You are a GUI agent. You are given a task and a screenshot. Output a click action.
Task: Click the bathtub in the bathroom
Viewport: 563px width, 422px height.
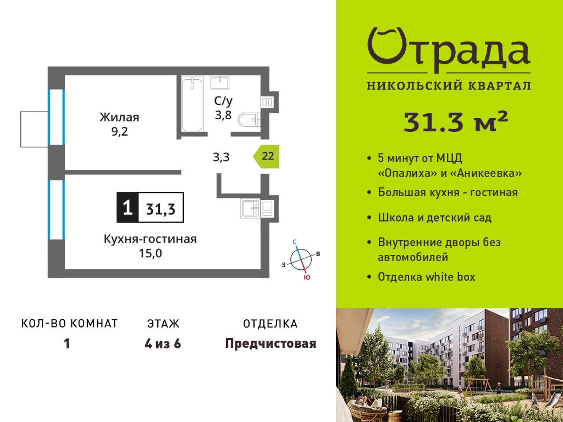[192, 104]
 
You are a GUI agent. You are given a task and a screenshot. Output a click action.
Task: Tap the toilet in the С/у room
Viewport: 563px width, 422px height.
[249, 119]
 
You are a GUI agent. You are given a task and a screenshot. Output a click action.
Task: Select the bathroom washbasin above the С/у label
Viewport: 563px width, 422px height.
[220, 83]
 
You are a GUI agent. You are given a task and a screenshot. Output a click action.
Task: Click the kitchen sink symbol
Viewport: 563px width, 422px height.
[251, 208]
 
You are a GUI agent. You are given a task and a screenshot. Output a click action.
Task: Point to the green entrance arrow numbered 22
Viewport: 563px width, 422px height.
[266, 157]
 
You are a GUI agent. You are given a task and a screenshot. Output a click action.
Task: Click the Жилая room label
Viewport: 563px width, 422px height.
[119, 118]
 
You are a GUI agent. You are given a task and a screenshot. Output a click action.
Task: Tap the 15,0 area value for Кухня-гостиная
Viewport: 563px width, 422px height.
[151, 254]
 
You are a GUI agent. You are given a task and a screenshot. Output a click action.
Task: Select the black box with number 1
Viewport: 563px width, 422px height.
[128, 207]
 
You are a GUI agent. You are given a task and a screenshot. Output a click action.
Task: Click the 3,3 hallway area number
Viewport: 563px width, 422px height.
[221, 157]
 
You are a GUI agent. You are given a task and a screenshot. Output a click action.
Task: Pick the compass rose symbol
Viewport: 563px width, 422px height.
[301, 259]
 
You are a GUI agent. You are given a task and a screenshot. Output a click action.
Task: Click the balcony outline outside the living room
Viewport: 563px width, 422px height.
[35, 129]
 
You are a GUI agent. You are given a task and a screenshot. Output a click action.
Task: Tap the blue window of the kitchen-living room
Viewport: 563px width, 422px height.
[57, 210]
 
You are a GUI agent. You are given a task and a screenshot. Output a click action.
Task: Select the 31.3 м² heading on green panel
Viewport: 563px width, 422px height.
[456, 121]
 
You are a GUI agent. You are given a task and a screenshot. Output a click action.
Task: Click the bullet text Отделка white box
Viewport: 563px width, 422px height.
[427, 277]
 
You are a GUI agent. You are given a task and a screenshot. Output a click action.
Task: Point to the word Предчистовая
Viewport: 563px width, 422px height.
[271, 344]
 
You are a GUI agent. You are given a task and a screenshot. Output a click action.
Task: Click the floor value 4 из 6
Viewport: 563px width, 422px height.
[163, 344]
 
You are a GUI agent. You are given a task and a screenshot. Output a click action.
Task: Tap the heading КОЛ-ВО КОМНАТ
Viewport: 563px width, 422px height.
[70, 324]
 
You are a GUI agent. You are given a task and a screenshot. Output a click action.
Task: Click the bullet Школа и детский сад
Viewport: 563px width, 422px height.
[435, 218]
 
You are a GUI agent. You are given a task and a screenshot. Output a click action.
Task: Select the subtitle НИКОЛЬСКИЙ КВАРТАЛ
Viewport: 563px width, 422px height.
[449, 86]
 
